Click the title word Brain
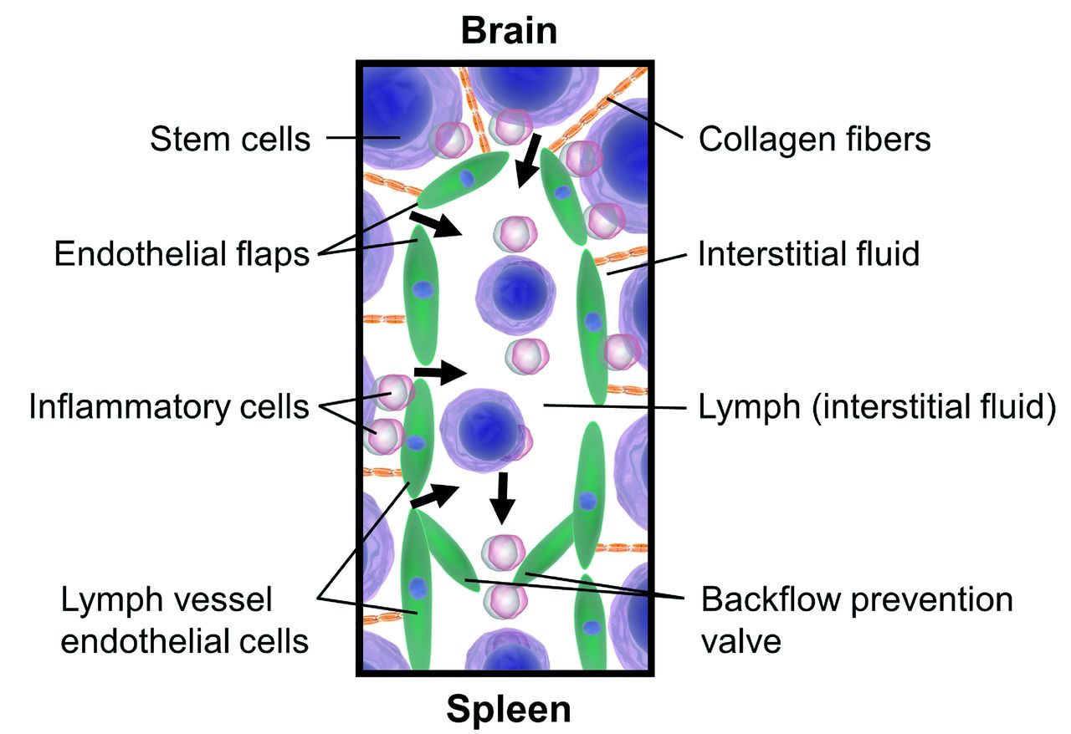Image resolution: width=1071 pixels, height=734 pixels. click(509, 30)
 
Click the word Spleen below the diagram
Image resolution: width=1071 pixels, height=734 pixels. click(509, 709)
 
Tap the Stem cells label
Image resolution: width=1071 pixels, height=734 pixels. click(230, 138)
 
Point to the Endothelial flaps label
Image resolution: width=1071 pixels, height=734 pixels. click(182, 252)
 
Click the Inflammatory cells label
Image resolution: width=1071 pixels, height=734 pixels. click(169, 407)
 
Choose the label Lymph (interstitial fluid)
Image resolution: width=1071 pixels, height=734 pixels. click(876, 407)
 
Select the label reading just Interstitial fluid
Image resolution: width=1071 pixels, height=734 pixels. click(809, 252)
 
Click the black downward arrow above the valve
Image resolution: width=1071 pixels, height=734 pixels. click(503, 497)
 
